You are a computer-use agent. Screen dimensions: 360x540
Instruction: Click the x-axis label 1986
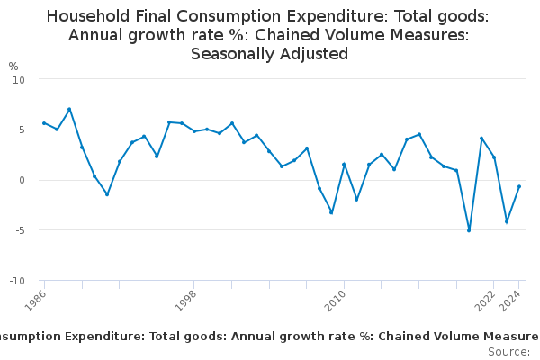(x=36, y=300)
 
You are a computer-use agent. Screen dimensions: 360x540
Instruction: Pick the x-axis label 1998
(x=186, y=300)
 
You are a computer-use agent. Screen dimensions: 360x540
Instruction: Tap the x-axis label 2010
(x=337, y=300)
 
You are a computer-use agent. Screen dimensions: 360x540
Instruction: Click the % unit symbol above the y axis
(x=13, y=66)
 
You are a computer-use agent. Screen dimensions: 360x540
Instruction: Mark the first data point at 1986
(x=44, y=123)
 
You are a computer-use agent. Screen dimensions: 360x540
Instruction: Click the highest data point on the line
(x=69, y=110)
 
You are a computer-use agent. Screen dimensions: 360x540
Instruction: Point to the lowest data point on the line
(x=469, y=230)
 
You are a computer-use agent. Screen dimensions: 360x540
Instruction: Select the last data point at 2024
(x=519, y=186)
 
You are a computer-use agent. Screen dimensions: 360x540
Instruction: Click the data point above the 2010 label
(x=344, y=165)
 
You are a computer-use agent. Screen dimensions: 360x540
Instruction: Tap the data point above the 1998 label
(x=194, y=131)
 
